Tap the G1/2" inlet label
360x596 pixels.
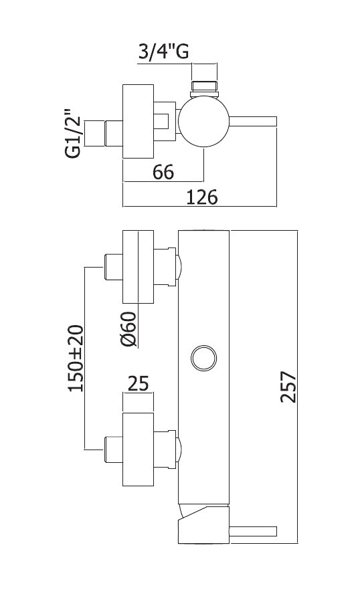pos(73,133)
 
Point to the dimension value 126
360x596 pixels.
pos(202,197)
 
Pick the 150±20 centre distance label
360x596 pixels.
pos(75,358)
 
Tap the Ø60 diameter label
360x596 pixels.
pos(128,329)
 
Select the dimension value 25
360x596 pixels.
pos(138,384)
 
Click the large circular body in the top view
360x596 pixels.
pos(204,122)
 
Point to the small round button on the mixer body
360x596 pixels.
pos(204,358)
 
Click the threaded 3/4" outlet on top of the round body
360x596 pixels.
pos(204,88)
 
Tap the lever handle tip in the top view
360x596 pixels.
pos(276,122)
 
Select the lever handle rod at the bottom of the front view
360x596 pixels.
pos(253,531)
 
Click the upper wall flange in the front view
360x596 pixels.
pos(138,266)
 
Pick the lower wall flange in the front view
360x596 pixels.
pos(138,450)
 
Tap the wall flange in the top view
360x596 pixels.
pos(138,121)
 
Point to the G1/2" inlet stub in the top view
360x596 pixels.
pos(103,133)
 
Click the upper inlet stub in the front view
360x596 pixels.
pos(113,267)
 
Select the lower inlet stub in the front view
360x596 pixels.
pos(113,450)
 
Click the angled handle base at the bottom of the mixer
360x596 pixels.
pos(204,524)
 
